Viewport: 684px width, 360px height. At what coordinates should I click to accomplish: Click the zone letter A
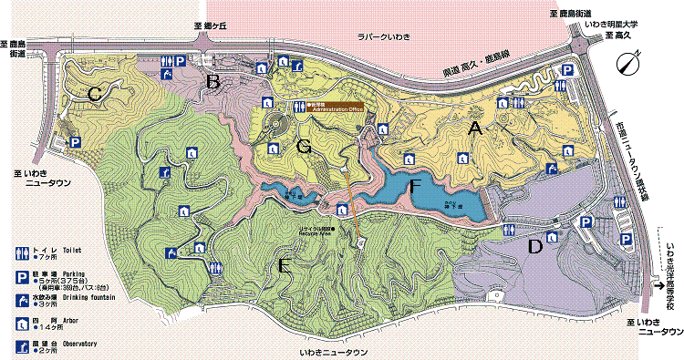pyautogui.click(x=473, y=129)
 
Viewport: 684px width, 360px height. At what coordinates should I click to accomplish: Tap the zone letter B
pyautogui.click(x=213, y=83)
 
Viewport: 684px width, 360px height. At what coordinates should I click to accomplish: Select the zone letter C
pyautogui.click(x=94, y=93)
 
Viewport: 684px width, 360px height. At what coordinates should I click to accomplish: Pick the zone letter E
pyautogui.click(x=285, y=265)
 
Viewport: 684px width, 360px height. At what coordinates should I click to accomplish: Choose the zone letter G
pyautogui.click(x=305, y=145)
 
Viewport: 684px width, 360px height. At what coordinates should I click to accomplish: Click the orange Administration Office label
pyautogui.click(x=338, y=107)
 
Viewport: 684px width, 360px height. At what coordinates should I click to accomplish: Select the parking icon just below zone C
pyautogui.click(x=75, y=142)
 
